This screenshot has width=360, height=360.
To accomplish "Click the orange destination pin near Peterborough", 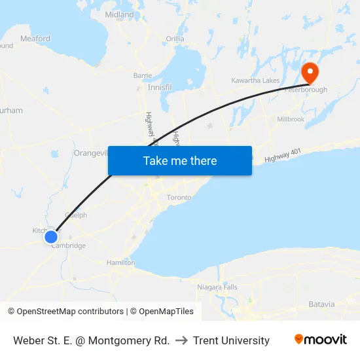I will (308, 71).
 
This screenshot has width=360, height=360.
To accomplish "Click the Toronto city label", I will (179, 197).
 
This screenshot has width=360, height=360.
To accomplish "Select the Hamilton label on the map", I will (121, 262).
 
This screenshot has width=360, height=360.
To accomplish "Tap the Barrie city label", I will (143, 75).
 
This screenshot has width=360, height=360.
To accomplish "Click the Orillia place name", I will (175, 39).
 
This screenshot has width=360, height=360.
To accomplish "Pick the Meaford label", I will (35, 39).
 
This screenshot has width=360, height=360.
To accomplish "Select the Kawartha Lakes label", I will (255, 81).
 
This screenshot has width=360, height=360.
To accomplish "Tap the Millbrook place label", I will (291, 119).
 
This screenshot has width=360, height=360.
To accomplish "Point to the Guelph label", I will (76, 215).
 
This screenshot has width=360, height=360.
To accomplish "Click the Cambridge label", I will (69, 246).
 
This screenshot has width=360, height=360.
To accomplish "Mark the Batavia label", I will (321, 304).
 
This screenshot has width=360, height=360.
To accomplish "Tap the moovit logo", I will (320, 340).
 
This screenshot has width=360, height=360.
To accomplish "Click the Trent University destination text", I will (231, 340).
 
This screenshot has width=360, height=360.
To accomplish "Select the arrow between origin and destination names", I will (181, 340).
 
